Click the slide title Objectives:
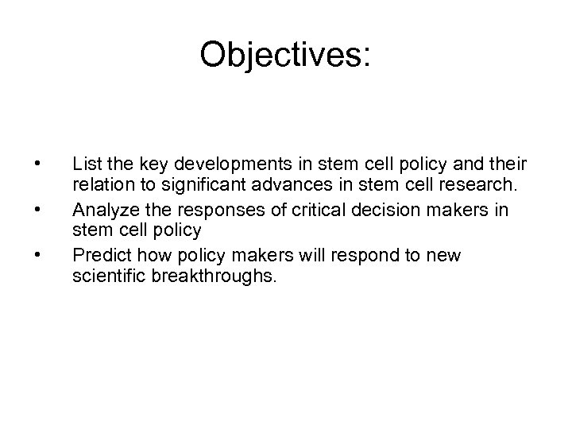pos(285,55)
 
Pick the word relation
pos(99,187)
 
